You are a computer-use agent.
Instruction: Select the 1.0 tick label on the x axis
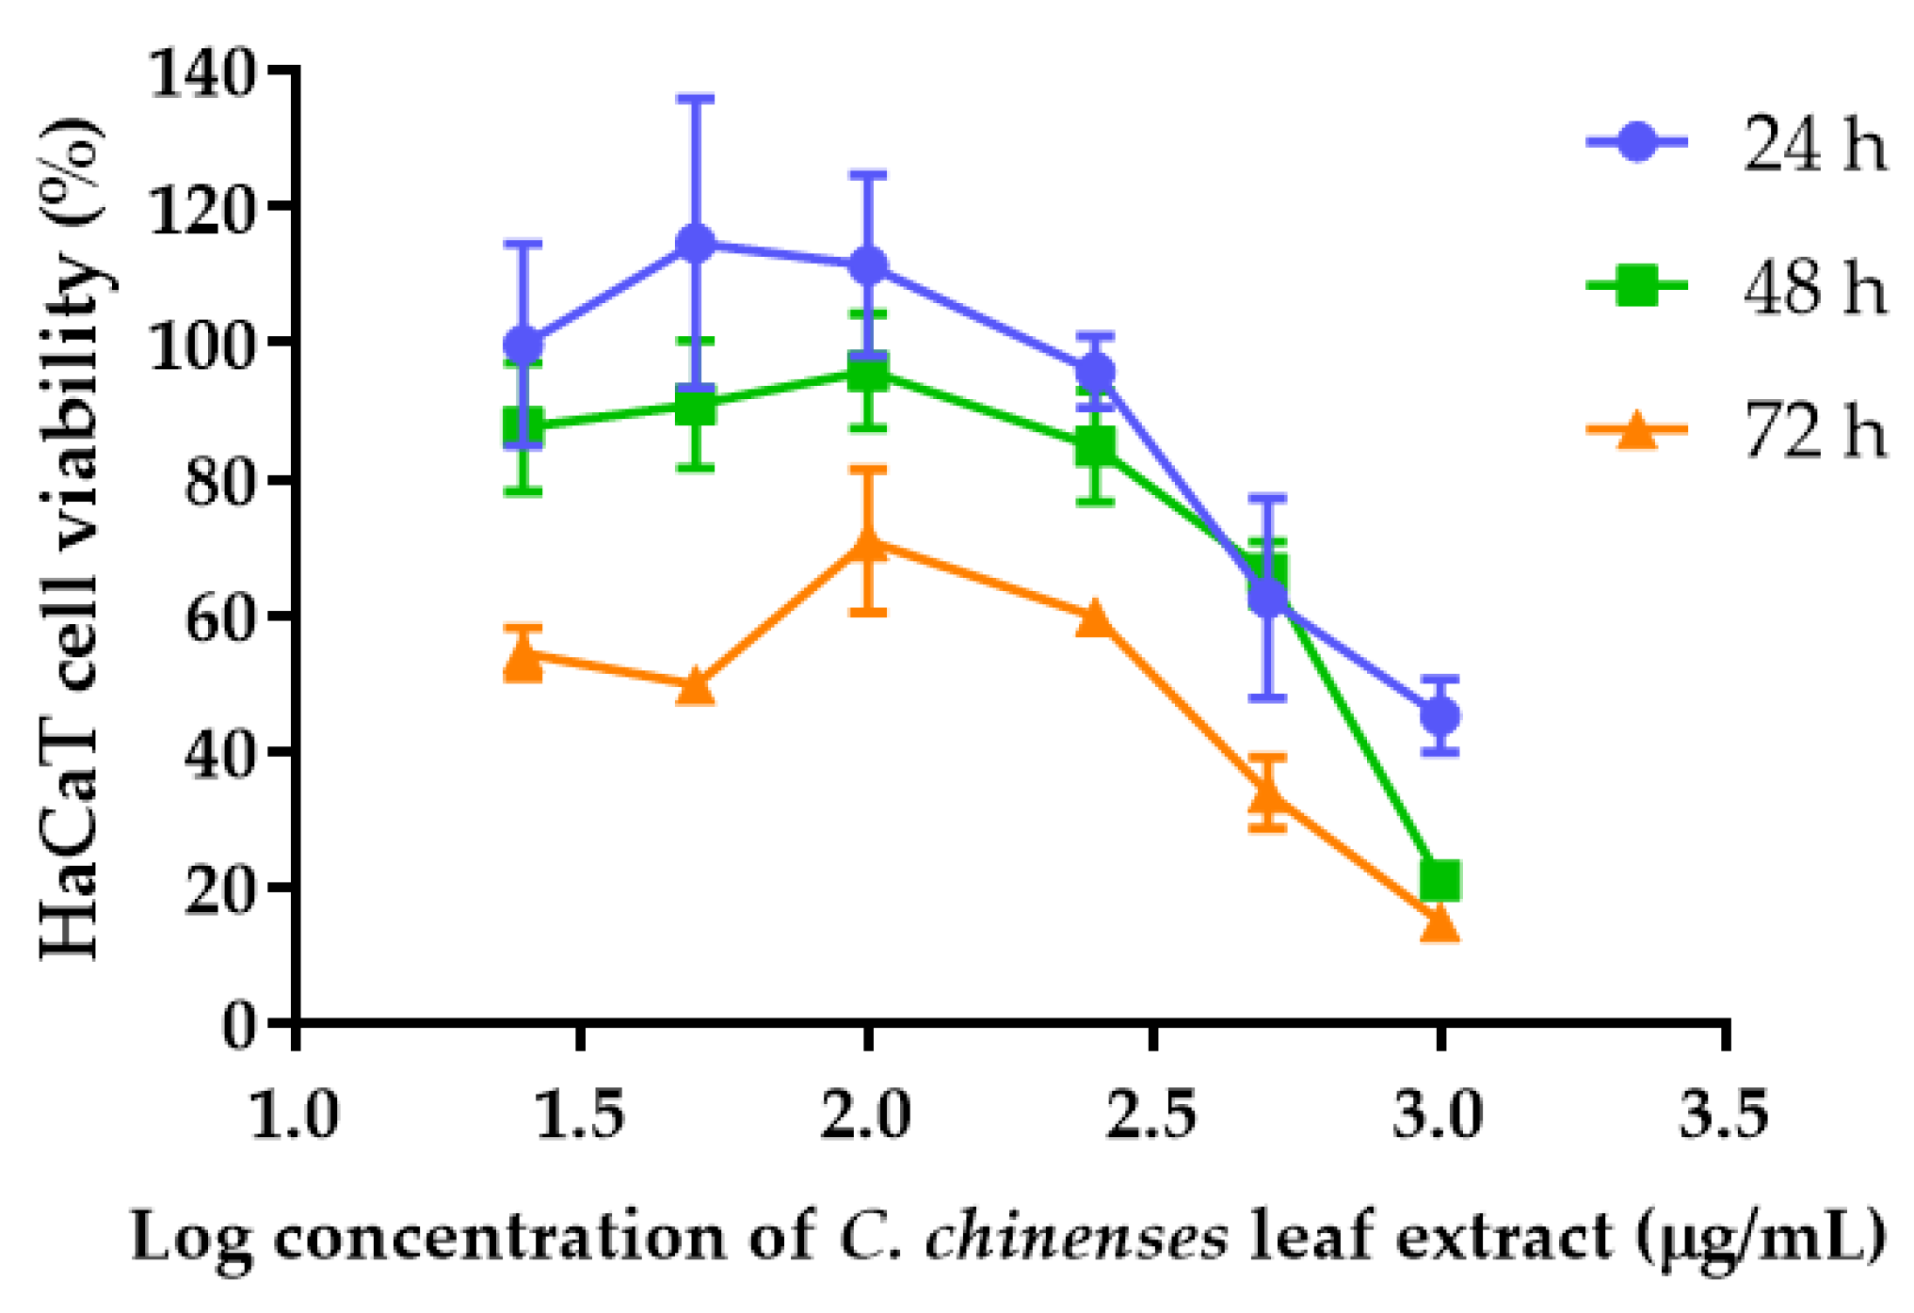[295, 1115]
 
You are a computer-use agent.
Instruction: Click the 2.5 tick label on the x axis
[1150, 1115]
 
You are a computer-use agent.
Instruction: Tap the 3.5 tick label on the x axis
[1724, 1115]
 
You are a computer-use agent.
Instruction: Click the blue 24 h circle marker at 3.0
[1440, 716]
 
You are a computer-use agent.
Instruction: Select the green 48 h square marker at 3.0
[1440, 880]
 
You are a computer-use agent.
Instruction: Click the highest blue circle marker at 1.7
[695, 244]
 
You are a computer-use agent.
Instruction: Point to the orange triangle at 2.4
[1094, 619]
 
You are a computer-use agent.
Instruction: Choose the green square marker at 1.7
[695, 407]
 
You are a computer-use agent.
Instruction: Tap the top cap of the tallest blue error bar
[695, 98]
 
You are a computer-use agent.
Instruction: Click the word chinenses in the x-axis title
[1076, 1236]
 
